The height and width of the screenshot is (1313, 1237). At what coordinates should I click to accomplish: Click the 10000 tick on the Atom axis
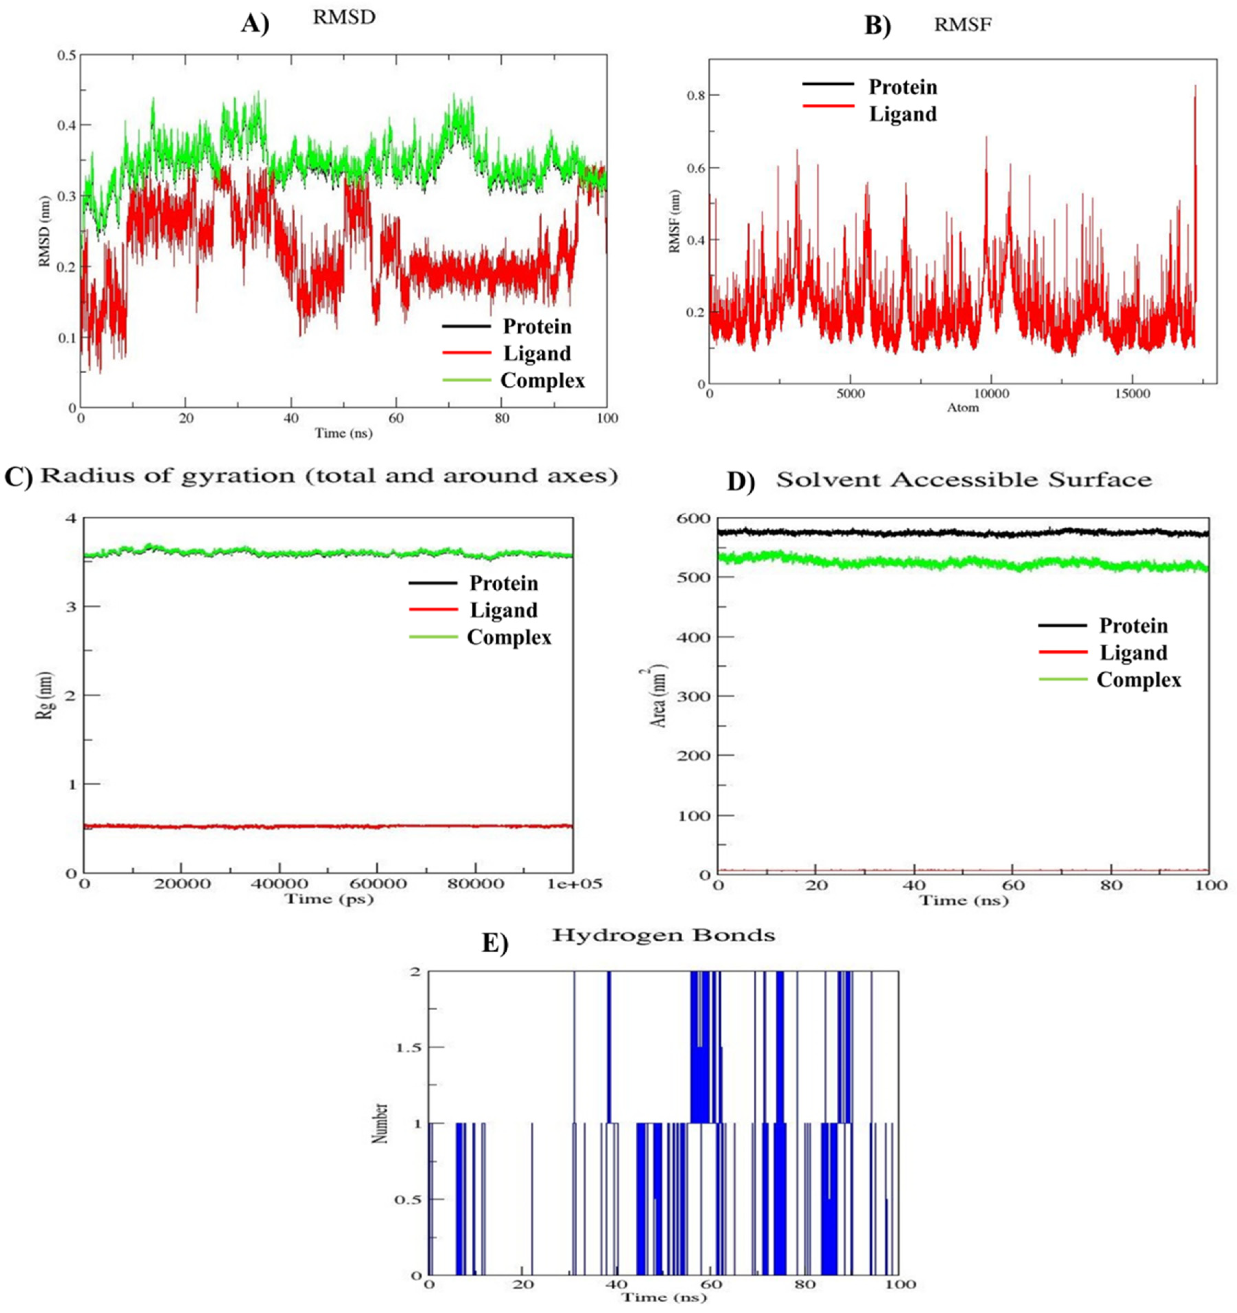[992, 394]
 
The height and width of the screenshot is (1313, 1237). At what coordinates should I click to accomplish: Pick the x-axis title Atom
[963, 408]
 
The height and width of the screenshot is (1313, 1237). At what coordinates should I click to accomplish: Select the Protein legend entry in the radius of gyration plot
[504, 583]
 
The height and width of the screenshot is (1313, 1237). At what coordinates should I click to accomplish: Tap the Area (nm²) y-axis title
[659, 697]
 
